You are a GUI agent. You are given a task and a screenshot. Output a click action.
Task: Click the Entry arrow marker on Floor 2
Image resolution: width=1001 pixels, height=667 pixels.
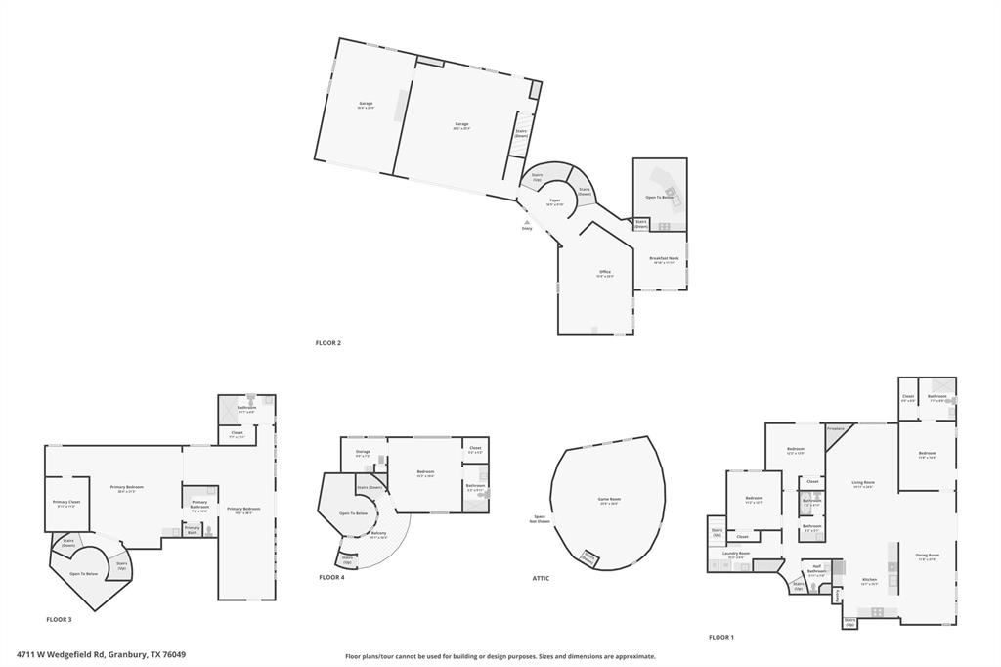point(526,222)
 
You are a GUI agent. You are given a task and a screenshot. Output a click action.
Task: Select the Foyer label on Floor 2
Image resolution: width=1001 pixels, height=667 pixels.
point(554,201)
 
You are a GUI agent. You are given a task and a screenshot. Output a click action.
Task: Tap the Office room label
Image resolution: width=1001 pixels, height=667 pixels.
point(605,273)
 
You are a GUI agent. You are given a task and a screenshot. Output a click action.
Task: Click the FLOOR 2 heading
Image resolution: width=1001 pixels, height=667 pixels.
point(327,343)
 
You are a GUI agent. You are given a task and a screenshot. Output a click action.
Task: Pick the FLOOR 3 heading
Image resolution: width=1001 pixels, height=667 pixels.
point(59,619)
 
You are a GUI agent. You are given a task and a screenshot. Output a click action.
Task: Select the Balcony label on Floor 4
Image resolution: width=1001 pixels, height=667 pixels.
point(377,534)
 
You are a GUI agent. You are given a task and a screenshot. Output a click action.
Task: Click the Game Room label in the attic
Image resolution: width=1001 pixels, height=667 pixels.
point(610,501)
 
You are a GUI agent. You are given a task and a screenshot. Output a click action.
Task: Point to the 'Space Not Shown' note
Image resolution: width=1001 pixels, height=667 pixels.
point(541,519)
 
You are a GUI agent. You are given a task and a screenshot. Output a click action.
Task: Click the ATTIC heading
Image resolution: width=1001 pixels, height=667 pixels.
point(541,578)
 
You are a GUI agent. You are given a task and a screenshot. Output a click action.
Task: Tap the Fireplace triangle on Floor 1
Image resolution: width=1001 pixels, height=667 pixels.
point(835,432)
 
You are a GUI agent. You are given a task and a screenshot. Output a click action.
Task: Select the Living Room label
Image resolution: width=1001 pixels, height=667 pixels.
point(863,484)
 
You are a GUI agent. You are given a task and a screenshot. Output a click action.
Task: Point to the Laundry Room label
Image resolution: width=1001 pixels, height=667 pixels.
point(736,555)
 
